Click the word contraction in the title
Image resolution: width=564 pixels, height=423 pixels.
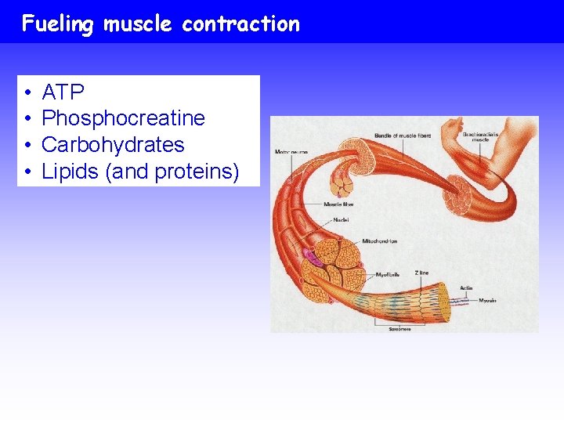(240, 24)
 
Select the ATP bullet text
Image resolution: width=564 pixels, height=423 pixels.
(63, 92)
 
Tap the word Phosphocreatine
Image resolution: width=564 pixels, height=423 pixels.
(123, 118)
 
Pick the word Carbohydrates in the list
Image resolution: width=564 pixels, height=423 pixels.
(113, 145)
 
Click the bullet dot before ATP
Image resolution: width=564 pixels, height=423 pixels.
(27, 93)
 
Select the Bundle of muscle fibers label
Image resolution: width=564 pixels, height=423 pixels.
(403, 136)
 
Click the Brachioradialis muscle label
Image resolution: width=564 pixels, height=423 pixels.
(480, 137)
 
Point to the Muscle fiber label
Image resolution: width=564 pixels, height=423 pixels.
(338, 204)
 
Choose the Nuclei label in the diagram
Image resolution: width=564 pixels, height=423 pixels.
(341, 220)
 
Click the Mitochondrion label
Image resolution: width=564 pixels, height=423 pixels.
(379, 241)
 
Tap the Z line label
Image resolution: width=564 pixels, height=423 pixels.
(421, 273)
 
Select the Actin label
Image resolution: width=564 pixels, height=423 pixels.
(466, 288)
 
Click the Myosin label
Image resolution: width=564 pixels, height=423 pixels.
(487, 300)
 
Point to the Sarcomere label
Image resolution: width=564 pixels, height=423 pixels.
(399, 329)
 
